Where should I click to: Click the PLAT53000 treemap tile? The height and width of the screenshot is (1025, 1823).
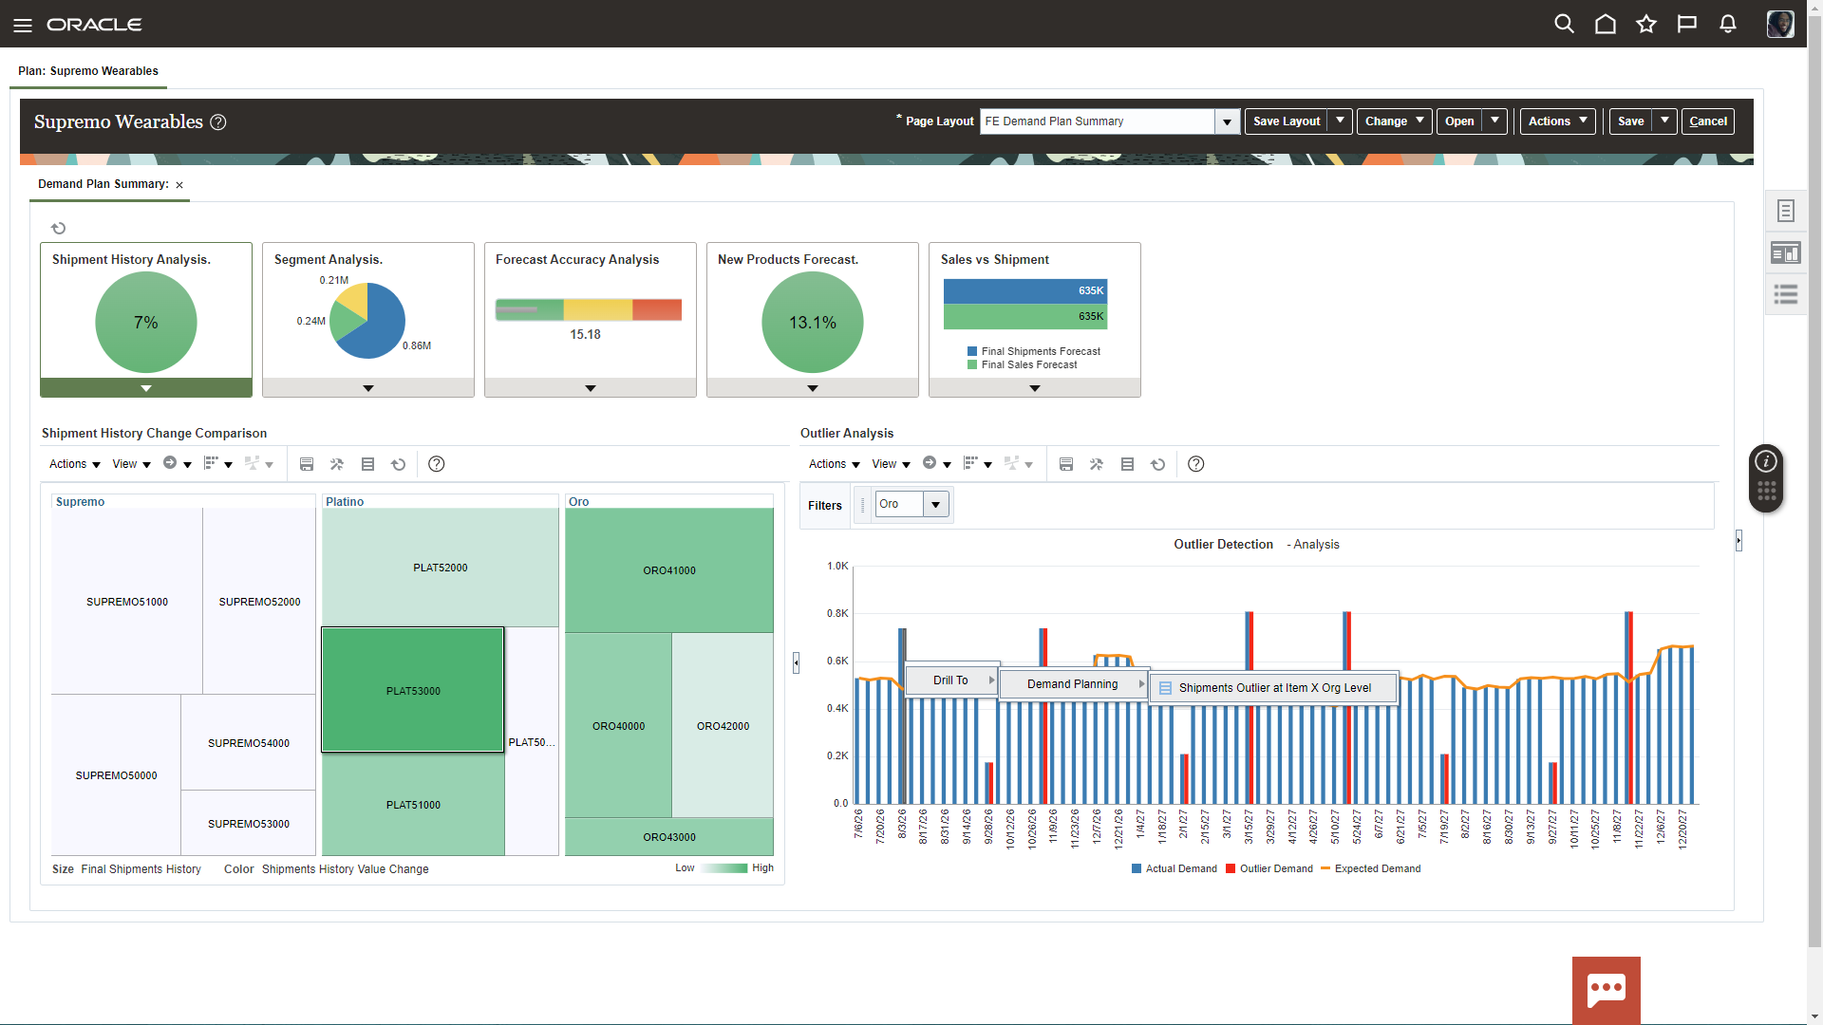(412, 690)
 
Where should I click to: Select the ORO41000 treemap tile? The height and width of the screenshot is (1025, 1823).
(668, 570)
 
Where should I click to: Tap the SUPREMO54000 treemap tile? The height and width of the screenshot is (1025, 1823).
(248, 742)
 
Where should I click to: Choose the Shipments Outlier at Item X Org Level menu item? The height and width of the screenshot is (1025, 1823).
(1273, 688)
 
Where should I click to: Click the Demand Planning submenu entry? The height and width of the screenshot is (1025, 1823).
(1072, 683)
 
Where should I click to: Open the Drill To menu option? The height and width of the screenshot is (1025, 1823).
(950, 680)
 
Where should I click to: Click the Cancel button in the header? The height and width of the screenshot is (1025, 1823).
(1707, 121)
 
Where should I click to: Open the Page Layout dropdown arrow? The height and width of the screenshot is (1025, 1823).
(1227, 121)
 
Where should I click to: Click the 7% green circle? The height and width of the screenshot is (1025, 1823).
(146, 323)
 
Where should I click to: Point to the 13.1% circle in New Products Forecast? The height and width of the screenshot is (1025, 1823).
(813, 323)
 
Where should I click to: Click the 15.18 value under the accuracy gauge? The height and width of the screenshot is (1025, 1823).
(585, 334)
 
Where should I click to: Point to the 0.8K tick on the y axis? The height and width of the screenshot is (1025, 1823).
(837, 613)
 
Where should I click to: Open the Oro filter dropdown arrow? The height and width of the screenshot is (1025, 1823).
(935, 504)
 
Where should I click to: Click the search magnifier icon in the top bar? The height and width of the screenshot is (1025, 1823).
(1564, 24)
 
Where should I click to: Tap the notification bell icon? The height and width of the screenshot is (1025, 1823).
(1727, 24)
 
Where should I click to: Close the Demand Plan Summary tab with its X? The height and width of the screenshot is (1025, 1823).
(179, 185)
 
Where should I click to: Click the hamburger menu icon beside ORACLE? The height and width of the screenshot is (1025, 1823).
(23, 25)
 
